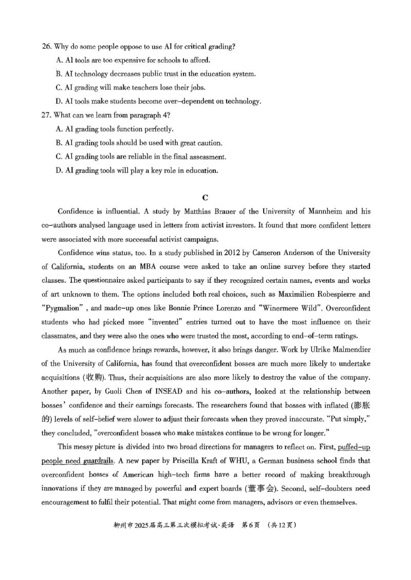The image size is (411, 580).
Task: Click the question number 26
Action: (46, 47)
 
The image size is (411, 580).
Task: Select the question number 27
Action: (46, 115)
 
